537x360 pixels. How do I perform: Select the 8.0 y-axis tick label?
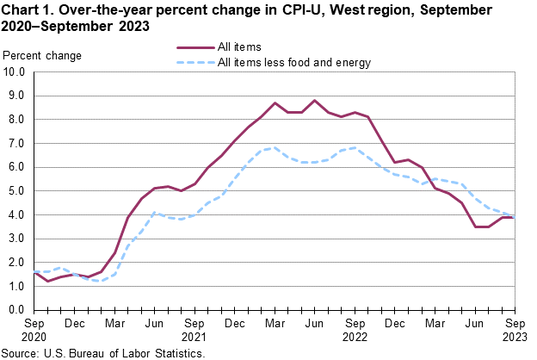(15, 120)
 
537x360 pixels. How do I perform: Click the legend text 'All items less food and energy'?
(294, 62)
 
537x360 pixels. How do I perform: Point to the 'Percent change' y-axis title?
(43, 56)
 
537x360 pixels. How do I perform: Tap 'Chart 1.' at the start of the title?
(29, 10)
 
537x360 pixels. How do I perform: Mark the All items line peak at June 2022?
(314, 101)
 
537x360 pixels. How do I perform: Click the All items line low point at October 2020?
(46, 281)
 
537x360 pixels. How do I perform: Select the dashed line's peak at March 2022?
(274, 148)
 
